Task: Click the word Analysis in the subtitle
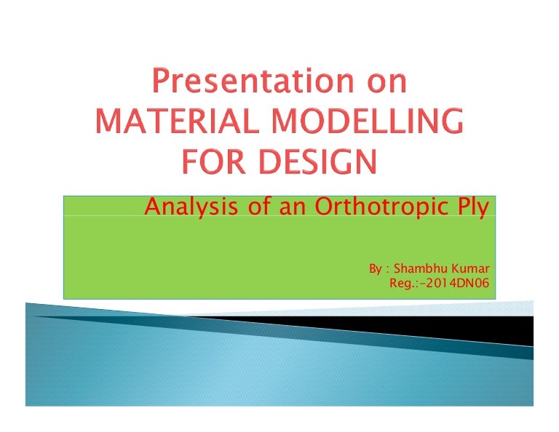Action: tap(183, 209)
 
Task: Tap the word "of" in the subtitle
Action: tap(245, 208)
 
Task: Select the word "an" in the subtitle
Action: tap(285, 209)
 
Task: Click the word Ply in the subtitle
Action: tap(469, 209)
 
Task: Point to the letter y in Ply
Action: tap(483, 211)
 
